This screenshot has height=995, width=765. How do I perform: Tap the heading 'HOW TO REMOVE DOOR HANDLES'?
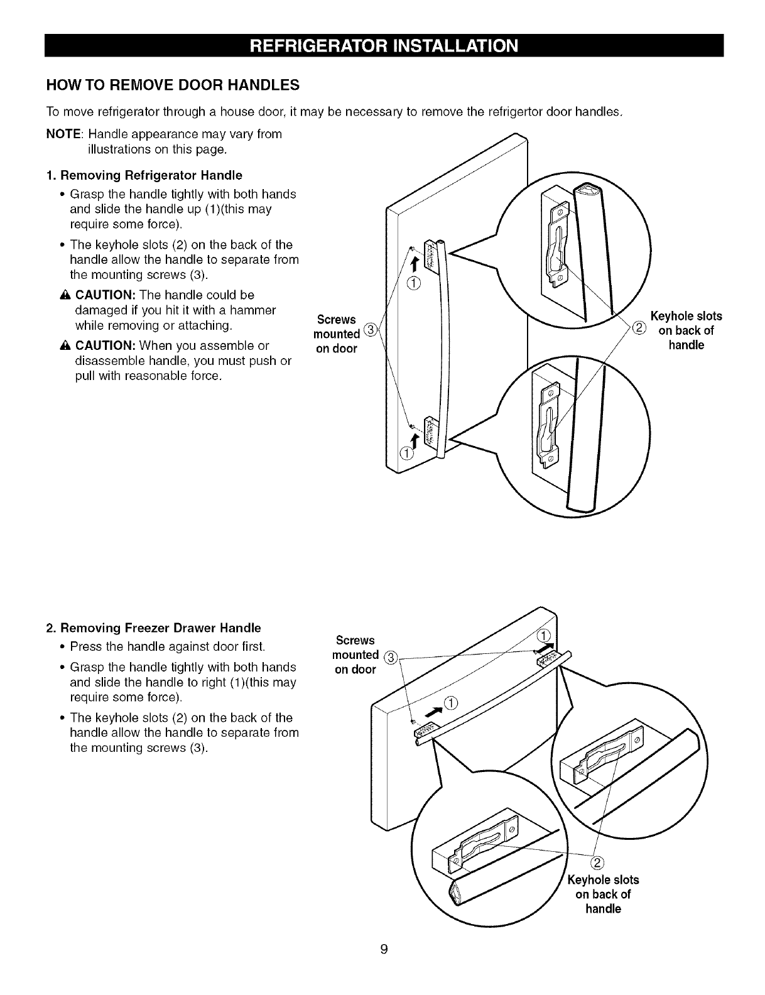(x=173, y=84)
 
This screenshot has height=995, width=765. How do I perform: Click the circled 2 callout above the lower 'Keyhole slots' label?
(x=597, y=861)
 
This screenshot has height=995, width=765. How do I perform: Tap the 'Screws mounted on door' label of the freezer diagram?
(x=356, y=655)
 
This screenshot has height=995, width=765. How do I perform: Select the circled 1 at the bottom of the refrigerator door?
(x=407, y=454)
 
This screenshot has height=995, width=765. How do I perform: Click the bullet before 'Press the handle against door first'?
(x=62, y=646)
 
